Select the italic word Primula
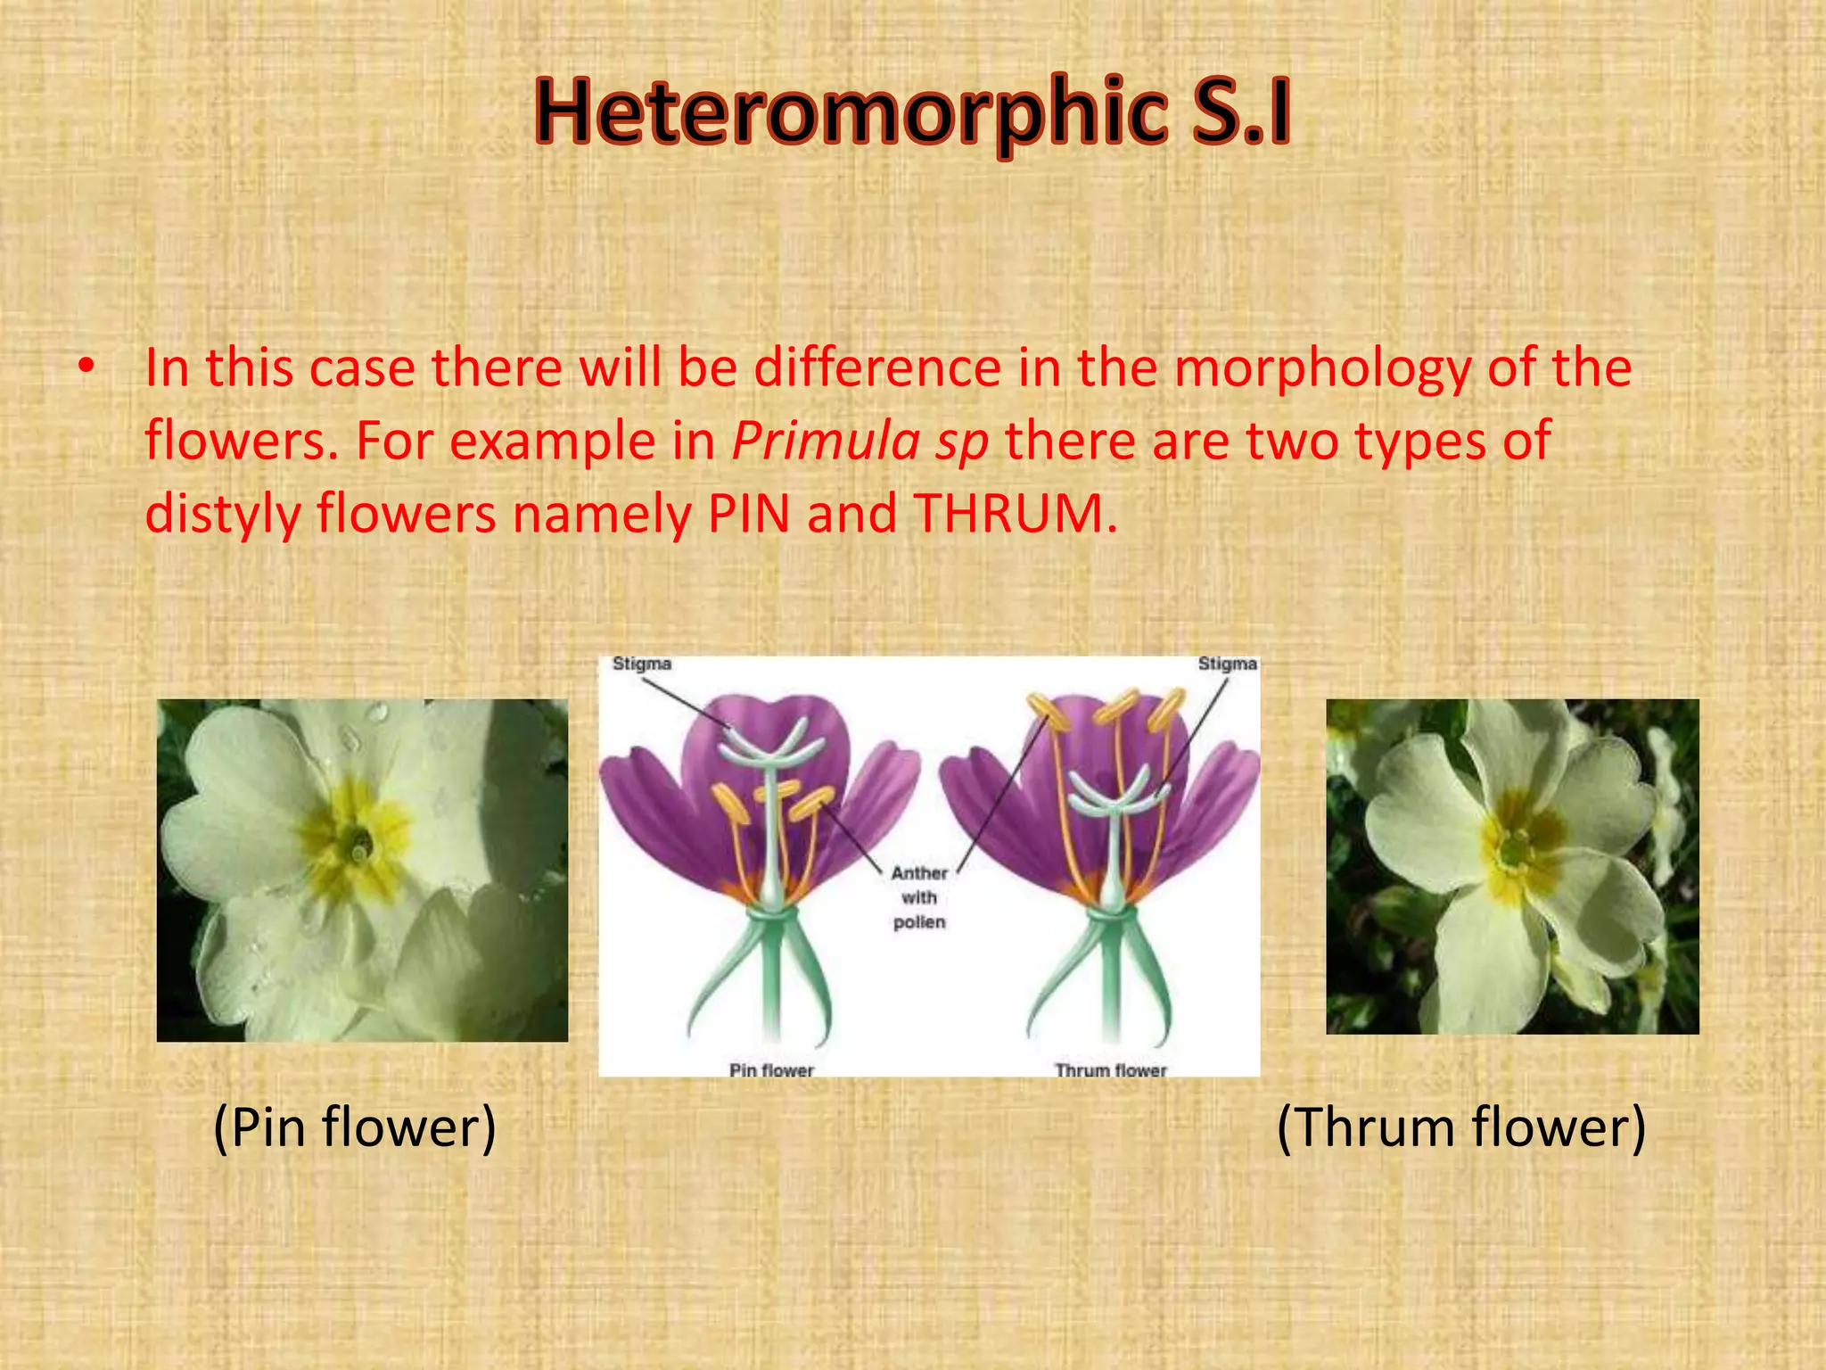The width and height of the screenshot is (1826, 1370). (826, 441)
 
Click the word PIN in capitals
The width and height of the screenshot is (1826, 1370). (749, 515)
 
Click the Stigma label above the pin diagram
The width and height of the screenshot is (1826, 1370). (641, 664)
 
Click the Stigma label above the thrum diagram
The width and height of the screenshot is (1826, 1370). (1227, 664)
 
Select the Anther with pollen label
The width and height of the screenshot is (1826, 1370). (919, 897)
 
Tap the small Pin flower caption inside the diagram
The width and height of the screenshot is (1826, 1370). (771, 1069)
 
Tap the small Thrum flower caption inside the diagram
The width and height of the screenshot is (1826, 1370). (1111, 1069)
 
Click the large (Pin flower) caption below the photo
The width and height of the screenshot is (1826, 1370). (354, 1127)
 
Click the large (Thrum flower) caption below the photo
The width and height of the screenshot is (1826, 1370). (1460, 1127)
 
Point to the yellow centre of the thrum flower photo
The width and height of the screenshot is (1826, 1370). (1516, 843)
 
